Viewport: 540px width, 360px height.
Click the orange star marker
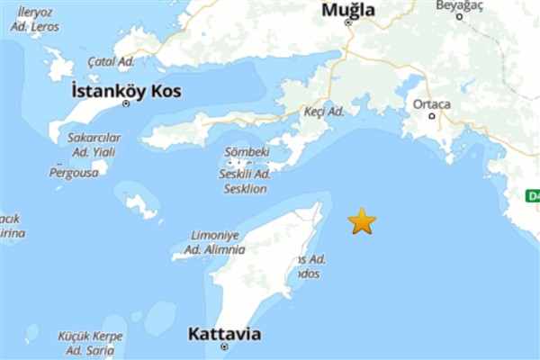pyautogui.click(x=362, y=220)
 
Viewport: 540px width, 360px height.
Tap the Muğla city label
pyautogui.click(x=348, y=10)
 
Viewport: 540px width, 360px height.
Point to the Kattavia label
pyautogui.click(x=224, y=334)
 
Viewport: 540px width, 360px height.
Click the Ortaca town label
pyautogui.click(x=431, y=103)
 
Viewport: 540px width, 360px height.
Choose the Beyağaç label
pyautogui.click(x=460, y=4)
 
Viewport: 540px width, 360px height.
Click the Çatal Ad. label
pyautogui.click(x=111, y=61)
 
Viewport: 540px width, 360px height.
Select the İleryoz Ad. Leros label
pyautogui.click(x=33, y=20)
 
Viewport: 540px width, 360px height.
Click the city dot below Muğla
pyautogui.click(x=348, y=22)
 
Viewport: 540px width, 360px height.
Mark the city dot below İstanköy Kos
pyautogui.click(x=126, y=103)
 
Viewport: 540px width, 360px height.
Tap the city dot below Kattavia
pyautogui.click(x=224, y=347)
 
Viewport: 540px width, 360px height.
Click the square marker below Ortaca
pyautogui.click(x=431, y=115)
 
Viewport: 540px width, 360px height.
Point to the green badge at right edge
pyautogui.click(x=533, y=196)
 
